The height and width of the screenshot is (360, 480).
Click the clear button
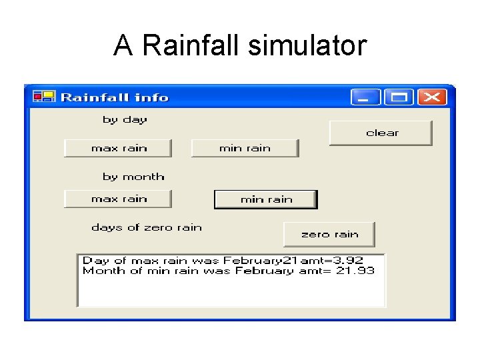[x=381, y=133]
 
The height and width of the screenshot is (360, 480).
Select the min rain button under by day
[x=245, y=148]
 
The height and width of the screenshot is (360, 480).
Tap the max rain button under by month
[x=118, y=199]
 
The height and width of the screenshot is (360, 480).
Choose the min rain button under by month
[x=265, y=199]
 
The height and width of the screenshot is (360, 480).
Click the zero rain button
[x=329, y=234]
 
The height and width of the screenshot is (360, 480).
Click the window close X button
[x=432, y=97]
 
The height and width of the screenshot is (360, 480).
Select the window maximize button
[x=399, y=97]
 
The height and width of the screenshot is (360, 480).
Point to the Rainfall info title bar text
[x=115, y=97]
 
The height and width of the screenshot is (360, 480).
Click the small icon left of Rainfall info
[x=43, y=97]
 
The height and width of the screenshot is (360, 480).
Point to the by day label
[x=125, y=120]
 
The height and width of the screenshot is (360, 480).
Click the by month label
[x=133, y=177]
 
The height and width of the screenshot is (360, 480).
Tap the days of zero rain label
[x=146, y=227]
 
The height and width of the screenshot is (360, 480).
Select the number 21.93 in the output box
[x=356, y=271]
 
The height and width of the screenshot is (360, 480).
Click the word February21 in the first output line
[x=261, y=261]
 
